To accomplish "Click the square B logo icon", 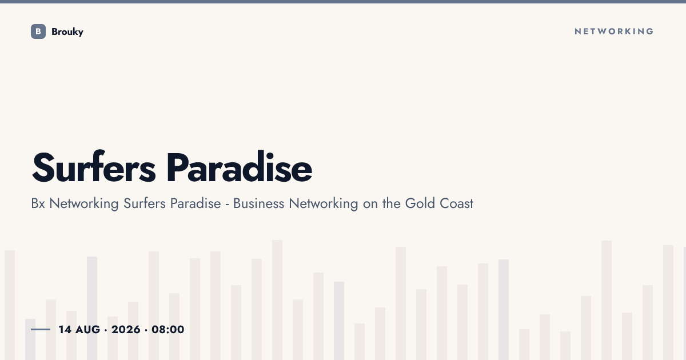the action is [38, 31].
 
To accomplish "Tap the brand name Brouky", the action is [67, 32].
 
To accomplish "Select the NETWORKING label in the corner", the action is [614, 31].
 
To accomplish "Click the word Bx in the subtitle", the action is [38, 203].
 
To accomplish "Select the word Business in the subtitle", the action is [258, 203].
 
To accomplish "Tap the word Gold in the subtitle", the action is [420, 203].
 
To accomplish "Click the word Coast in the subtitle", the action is [457, 203].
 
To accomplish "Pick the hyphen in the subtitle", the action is [228, 205].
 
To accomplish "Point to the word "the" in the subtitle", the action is [392, 203].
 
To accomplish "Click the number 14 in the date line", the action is [65, 330].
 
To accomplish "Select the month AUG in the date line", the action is [87, 330].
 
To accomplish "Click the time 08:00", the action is [168, 330].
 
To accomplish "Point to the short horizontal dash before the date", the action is [41, 329].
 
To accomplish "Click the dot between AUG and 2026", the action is [106, 330].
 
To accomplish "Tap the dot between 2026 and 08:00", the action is [146, 330].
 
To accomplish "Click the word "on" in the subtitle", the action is [370, 204].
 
